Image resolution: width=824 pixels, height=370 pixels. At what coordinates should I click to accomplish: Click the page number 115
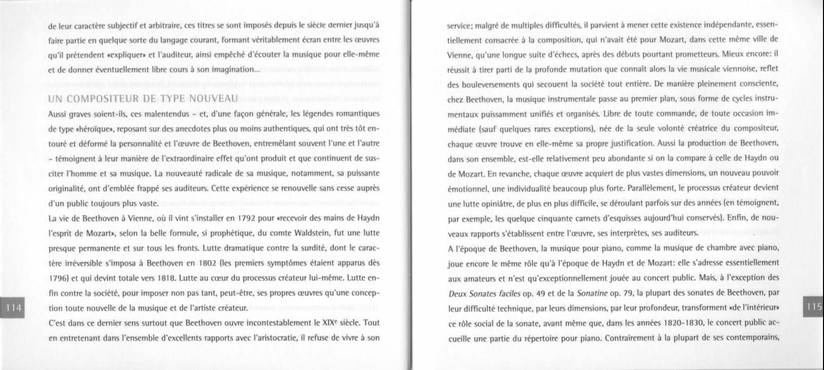[x=814, y=308]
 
